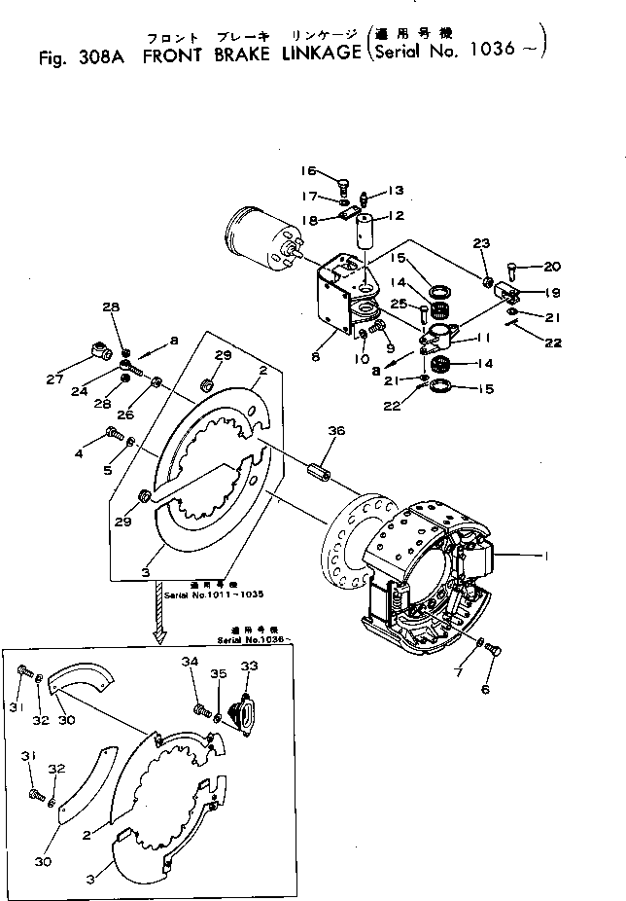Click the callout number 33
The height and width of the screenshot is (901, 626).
pyautogui.click(x=250, y=666)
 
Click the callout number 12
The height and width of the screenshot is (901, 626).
pyautogui.click(x=397, y=216)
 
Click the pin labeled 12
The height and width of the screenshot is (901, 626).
pyautogui.click(x=366, y=239)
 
